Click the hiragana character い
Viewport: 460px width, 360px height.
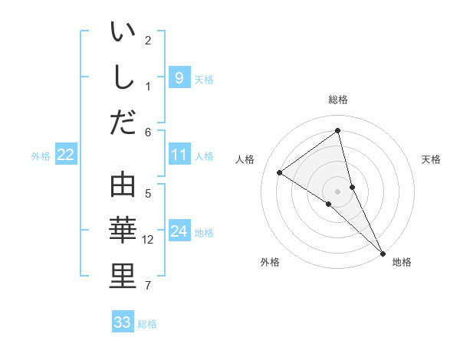tap(123, 34)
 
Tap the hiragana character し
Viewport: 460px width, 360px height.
tap(123, 78)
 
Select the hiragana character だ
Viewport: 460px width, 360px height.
tap(123, 122)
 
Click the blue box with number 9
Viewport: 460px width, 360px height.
tap(179, 77)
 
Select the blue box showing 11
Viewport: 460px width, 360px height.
tap(179, 155)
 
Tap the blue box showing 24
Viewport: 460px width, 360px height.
tap(179, 232)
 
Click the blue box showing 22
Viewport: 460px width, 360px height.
tap(66, 155)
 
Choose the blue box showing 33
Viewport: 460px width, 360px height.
tap(123, 322)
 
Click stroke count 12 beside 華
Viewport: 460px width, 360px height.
tap(149, 240)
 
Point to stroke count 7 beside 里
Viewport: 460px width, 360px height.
tap(148, 286)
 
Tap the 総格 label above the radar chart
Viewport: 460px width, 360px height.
tap(338, 100)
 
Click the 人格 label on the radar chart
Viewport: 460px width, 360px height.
tap(245, 159)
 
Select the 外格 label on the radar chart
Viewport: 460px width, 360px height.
tap(270, 263)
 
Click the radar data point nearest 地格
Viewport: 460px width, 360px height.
tap(383, 252)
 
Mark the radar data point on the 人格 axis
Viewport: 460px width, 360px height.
tap(280, 172)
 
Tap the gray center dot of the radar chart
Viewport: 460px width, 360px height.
tap(338, 191)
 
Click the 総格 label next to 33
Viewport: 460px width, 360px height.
tap(147, 324)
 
